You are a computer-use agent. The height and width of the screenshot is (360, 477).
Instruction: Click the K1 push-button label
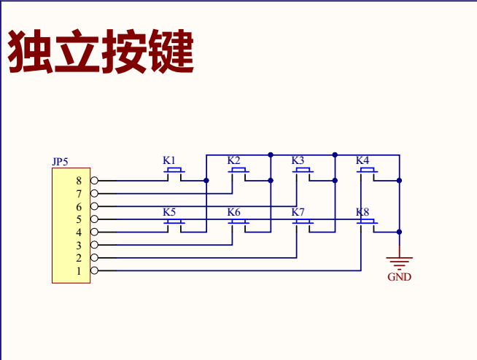click(x=169, y=160)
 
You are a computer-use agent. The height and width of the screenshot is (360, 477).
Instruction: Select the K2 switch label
click(x=233, y=160)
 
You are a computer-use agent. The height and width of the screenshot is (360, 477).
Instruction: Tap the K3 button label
click(x=298, y=160)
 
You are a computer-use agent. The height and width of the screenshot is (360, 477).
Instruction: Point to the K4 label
click(x=362, y=160)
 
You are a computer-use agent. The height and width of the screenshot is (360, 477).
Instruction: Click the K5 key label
click(x=169, y=212)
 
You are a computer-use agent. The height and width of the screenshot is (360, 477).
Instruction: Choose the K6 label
click(x=233, y=212)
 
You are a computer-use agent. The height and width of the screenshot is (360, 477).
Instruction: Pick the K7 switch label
click(x=298, y=212)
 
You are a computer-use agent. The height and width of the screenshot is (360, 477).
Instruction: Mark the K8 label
click(x=362, y=212)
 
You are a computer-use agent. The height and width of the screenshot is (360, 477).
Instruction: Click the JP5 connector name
click(x=60, y=162)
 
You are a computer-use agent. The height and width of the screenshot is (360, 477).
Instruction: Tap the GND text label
click(x=399, y=278)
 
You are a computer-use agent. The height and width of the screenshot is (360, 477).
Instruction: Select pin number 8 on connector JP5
click(x=79, y=181)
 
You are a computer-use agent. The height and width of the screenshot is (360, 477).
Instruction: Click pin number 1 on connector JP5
click(x=79, y=271)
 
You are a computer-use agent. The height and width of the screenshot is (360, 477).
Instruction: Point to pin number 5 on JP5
click(x=79, y=219)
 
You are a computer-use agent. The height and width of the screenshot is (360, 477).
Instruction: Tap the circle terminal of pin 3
click(x=94, y=245)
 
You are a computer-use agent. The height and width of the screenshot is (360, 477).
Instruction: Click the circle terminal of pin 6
click(x=94, y=206)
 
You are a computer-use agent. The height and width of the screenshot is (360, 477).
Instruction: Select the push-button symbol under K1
click(x=174, y=172)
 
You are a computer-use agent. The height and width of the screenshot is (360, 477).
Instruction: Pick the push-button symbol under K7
click(x=303, y=223)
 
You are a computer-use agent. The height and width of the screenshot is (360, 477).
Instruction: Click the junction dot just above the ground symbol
click(x=399, y=232)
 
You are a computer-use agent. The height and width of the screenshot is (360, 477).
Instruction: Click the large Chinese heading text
click(x=101, y=51)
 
